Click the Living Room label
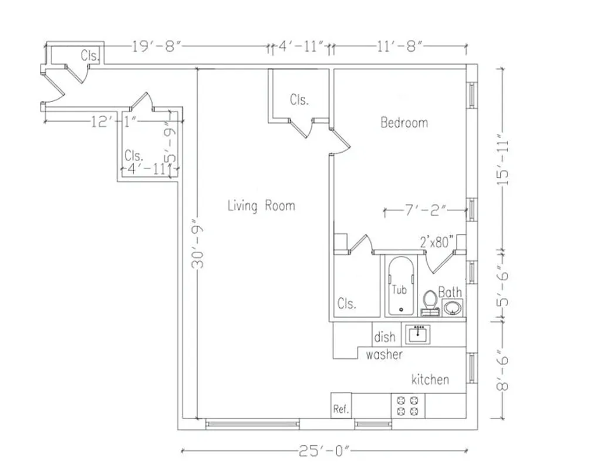click(x=261, y=206)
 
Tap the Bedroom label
click(x=404, y=123)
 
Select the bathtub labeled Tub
click(x=400, y=286)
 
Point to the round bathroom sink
click(x=453, y=307)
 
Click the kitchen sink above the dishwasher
click(x=419, y=334)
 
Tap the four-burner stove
click(x=408, y=405)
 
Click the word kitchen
click(x=430, y=379)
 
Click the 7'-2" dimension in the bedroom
click(x=425, y=210)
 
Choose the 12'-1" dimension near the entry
click(x=114, y=122)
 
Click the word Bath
click(x=450, y=292)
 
